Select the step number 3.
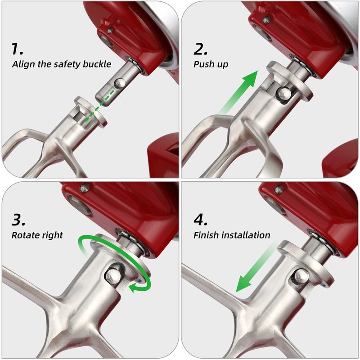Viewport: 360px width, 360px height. click(20, 220)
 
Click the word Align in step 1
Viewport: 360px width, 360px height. click(22, 64)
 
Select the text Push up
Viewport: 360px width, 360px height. click(211, 64)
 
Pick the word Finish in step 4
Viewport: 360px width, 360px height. click(206, 235)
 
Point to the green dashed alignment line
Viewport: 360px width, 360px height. click(96, 108)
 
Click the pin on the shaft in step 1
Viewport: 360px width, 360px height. click(119, 83)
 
